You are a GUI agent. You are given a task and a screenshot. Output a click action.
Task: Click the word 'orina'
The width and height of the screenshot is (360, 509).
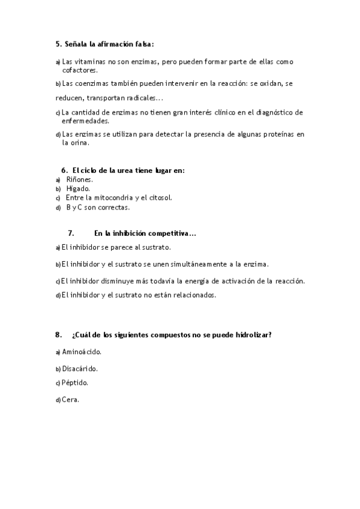point(79,143)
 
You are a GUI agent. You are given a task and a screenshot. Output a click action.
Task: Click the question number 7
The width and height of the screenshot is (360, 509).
point(71,233)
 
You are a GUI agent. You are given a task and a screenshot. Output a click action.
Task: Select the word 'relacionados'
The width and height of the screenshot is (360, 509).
point(193,295)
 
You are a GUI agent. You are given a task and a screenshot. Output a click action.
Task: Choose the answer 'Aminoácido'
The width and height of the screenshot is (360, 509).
point(82,352)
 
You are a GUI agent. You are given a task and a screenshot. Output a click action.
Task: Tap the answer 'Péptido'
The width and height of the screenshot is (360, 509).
point(75,382)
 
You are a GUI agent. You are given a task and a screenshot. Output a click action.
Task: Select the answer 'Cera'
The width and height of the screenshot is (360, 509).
point(71,399)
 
